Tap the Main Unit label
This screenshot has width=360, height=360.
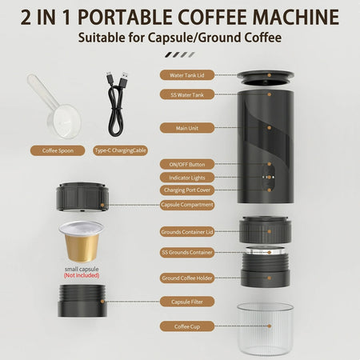click(x=186, y=127)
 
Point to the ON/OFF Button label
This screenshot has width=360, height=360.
click(x=186, y=164)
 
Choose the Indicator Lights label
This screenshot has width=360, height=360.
click(x=186, y=177)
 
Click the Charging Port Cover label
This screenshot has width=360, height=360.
click(x=186, y=190)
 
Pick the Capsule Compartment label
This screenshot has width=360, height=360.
click(x=186, y=205)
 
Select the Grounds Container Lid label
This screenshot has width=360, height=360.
click(x=186, y=233)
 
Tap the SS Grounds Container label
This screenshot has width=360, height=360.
click(x=186, y=252)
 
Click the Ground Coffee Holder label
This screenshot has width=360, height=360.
click(x=186, y=278)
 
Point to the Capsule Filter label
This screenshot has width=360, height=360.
click(x=186, y=302)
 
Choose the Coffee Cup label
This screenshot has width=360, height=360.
click(x=186, y=326)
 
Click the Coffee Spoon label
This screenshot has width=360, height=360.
click(x=58, y=150)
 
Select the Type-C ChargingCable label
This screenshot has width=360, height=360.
click(x=121, y=150)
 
